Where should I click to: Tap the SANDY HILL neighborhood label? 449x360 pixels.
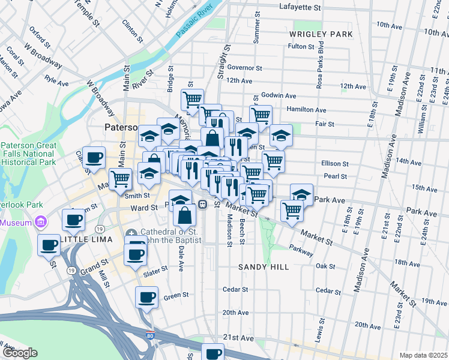[x=264, y=266]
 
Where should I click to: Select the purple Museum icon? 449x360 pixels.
[x=41, y=223]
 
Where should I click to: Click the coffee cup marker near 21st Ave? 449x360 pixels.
[x=212, y=352]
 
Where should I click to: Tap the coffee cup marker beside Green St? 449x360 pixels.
[x=146, y=296]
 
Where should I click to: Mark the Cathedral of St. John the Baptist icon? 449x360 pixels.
[x=132, y=233]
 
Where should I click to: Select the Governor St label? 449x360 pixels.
[x=245, y=68]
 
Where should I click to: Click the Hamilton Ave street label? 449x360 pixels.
[x=307, y=110]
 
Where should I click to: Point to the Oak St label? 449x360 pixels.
[x=325, y=266]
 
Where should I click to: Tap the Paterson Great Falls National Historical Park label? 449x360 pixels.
[x=28, y=154]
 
